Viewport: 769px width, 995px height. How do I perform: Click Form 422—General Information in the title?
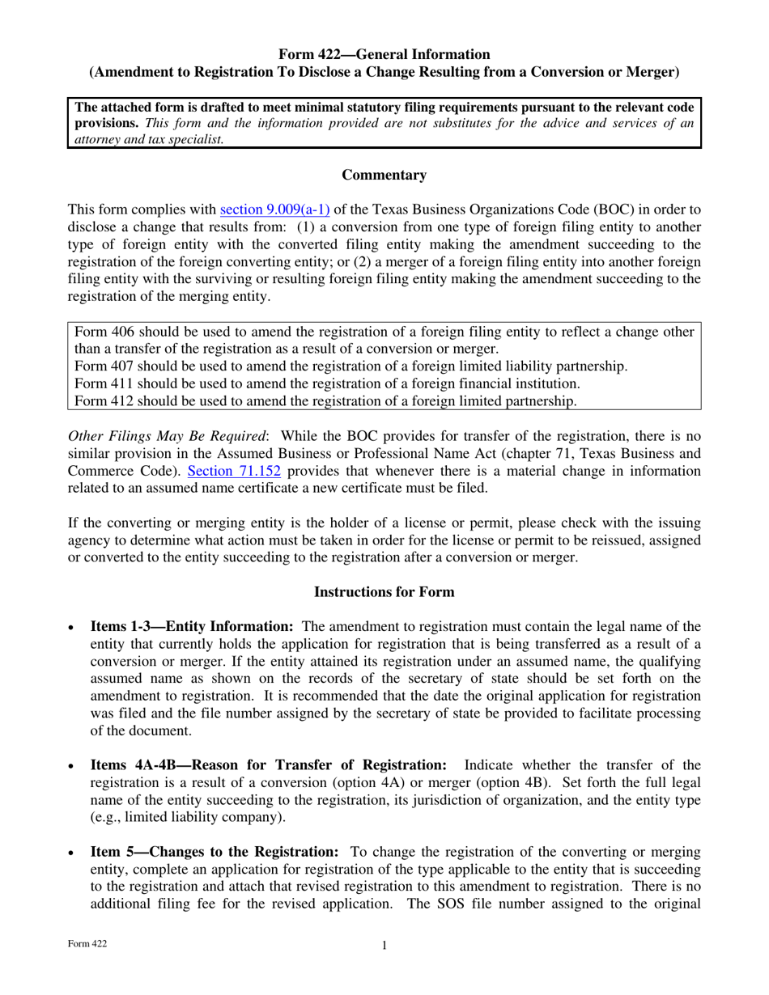click(x=384, y=54)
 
